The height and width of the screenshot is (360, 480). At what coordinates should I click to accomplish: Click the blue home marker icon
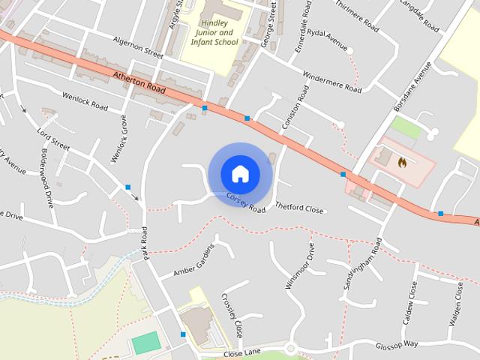240,174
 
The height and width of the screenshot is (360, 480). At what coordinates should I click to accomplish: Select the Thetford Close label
299,208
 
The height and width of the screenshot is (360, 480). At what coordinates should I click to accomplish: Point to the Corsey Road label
246,202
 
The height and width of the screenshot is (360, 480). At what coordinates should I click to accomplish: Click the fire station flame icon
402,160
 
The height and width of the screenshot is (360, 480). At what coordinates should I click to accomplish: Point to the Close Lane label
241,352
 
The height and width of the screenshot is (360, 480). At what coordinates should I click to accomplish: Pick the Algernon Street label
137,49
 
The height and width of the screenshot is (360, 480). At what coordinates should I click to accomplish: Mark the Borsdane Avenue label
413,87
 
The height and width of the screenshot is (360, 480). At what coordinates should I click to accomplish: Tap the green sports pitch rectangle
145,343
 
